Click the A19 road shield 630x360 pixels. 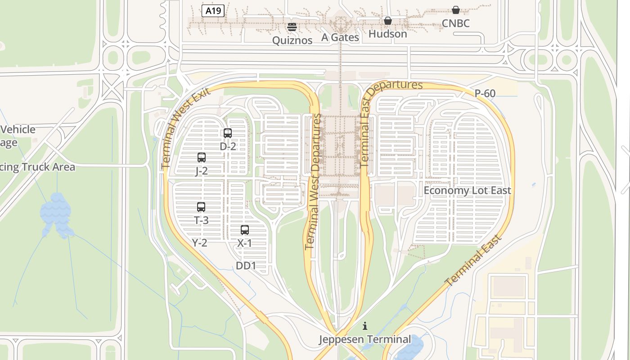pos(213,11)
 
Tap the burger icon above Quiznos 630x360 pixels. pos(292,27)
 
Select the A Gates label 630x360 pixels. pos(340,37)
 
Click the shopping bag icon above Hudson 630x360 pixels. pos(387,21)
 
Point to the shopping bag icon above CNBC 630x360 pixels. pos(455,10)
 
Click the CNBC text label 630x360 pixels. pos(455,23)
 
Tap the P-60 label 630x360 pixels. pos(485,94)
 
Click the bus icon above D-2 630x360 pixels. pos(228,133)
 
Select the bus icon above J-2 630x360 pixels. pos(202,157)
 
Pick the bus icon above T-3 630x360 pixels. pos(201,207)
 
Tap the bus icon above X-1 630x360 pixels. pos(245,230)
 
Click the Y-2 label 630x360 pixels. pos(200,243)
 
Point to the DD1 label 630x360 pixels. pos(246,266)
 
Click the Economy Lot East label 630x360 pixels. pos(467,190)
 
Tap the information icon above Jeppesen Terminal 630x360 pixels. pos(365,326)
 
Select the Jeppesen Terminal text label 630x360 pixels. pos(365,339)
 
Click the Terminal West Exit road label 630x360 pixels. pos(185,128)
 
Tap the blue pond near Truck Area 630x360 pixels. pos(56,214)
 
